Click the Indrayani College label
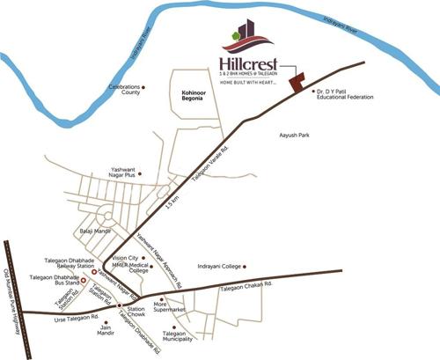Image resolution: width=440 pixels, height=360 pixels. [x=216, y=266]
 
